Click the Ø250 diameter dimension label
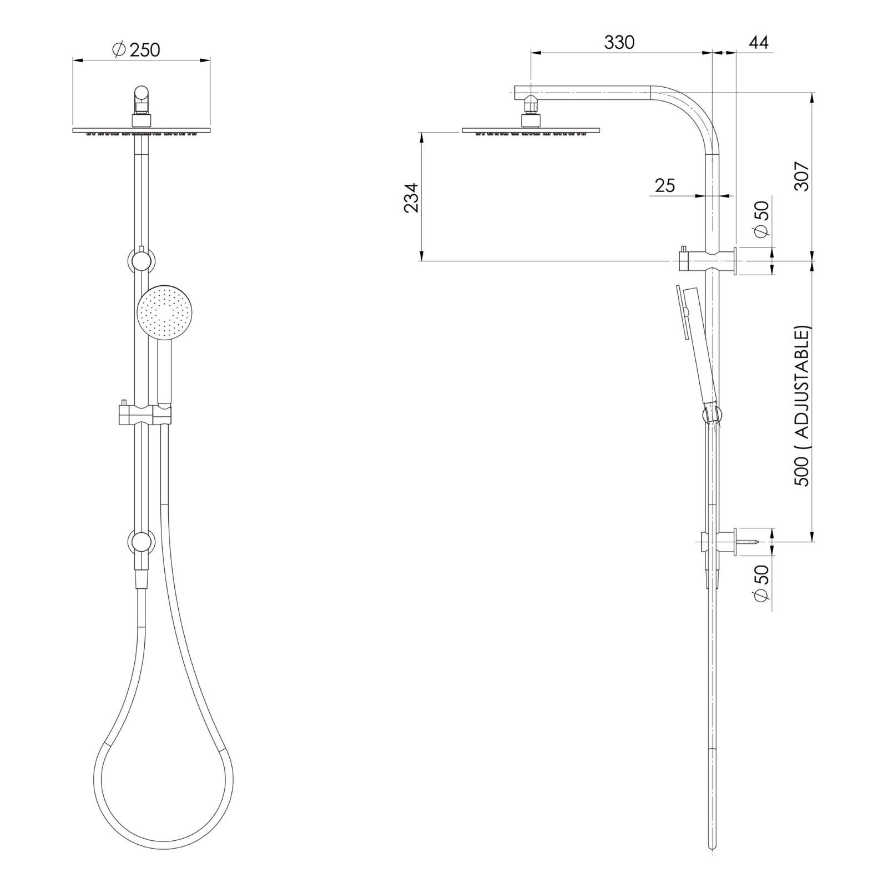click(x=136, y=50)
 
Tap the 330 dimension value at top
click(x=619, y=42)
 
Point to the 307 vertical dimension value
click(x=803, y=176)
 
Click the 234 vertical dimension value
click(x=411, y=198)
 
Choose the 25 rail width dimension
click(x=665, y=185)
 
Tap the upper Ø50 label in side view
click(x=762, y=218)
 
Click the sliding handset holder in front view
click(x=143, y=414)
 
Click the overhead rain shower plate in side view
click(x=531, y=131)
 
